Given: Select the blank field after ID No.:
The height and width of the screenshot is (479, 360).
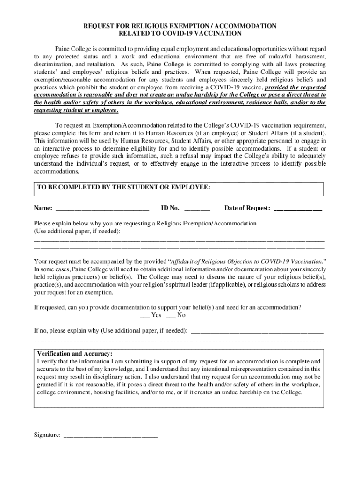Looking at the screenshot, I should (197, 209).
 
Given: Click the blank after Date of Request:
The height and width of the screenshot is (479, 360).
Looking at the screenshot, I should (298, 209).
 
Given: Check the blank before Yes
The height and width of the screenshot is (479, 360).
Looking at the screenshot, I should (144, 315).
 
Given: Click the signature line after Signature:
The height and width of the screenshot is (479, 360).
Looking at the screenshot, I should (110, 435).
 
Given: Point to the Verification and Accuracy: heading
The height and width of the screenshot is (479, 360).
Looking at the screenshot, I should (75, 354).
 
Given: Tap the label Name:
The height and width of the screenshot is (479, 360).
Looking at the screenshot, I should (43, 208).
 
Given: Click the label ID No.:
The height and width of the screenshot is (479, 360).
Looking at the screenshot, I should (171, 208).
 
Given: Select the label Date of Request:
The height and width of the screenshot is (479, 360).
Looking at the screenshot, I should (247, 208).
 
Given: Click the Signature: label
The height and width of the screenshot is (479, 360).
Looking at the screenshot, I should (47, 435).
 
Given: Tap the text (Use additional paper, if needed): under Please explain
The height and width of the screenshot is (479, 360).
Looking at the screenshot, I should (77, 231).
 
